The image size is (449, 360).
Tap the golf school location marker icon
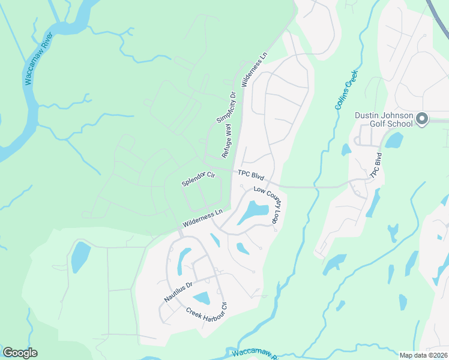pos(421,119)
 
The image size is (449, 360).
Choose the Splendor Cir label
pos(198,179)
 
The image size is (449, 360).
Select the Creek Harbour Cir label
pos(207,312)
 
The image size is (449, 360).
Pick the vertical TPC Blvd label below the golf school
pos(376,165)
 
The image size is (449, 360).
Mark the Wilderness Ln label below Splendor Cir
pos(203,217)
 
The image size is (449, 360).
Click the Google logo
pos(20,353)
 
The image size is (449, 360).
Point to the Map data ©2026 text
pos(423,355)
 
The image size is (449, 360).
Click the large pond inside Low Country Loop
pos(253,212)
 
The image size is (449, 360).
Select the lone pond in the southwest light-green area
pos(80,257)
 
